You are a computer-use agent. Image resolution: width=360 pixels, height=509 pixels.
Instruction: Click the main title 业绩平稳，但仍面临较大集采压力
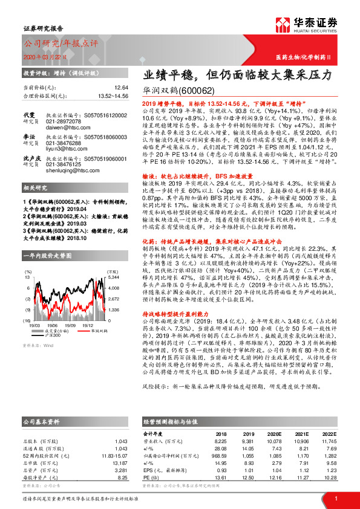pos(237,76)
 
